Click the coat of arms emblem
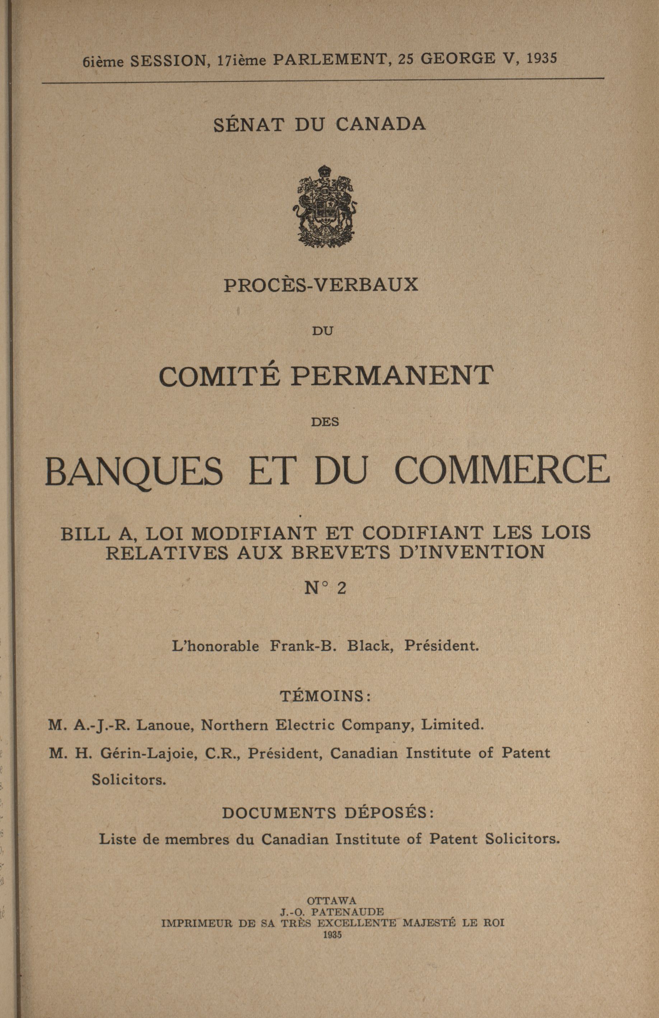click(325, 205)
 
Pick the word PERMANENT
click(394, 376)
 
